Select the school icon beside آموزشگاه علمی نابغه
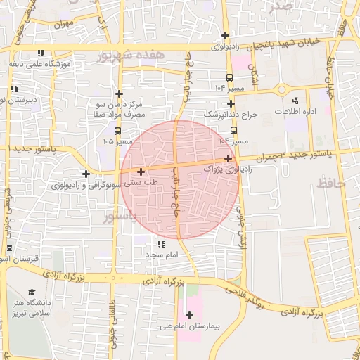tap(41, 53)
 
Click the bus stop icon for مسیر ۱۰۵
tap(117, 130)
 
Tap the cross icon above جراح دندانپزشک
tap(230, 103)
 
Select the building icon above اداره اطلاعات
tap(295, 101)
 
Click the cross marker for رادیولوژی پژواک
tap(229, 158)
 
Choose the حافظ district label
tap(333, 184)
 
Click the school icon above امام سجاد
tap(162, 243)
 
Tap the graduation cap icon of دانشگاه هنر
tap(31, 292)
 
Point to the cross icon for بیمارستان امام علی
tap(189, 315)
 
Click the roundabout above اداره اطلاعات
tap(283, 89)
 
